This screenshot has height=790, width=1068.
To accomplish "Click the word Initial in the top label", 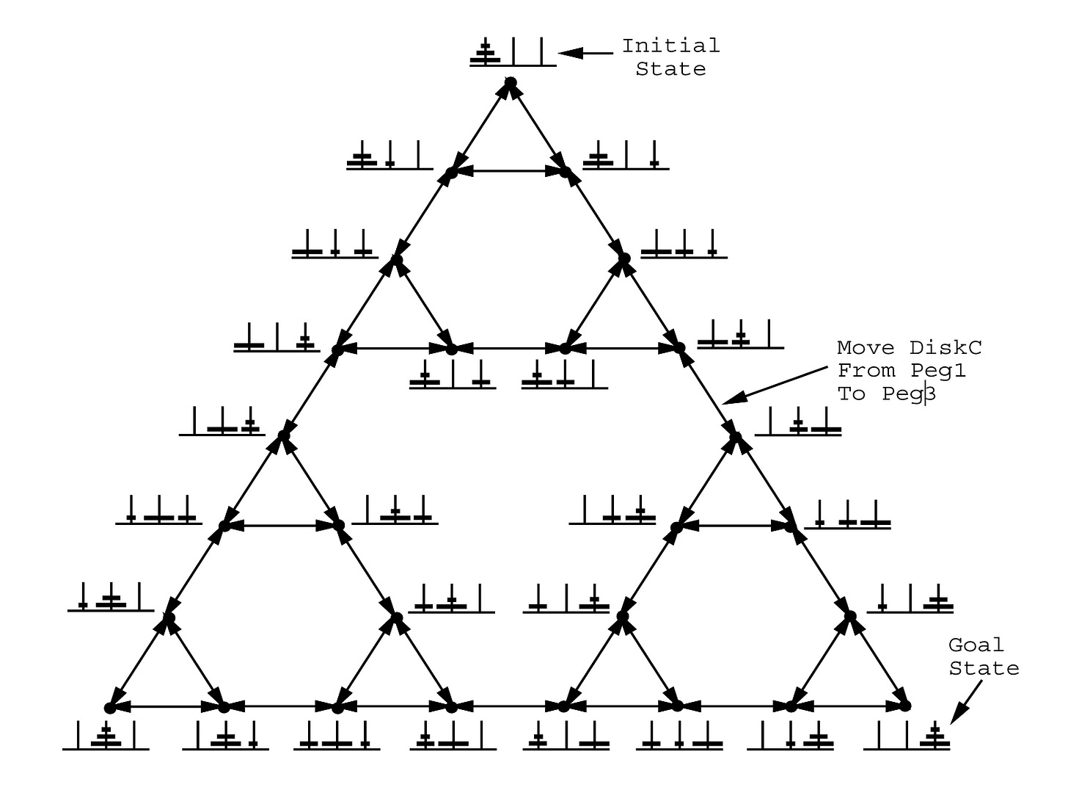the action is [670, 46].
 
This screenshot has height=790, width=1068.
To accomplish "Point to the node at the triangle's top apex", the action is [511, 82].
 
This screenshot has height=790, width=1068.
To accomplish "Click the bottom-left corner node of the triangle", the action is [110, 708].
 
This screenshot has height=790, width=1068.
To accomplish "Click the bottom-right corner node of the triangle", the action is [905, 706].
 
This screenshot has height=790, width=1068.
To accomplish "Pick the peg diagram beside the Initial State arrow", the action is [513, 53].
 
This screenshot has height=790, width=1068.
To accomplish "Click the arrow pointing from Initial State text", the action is [587, 53].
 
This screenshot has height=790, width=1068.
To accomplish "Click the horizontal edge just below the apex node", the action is [508, 172].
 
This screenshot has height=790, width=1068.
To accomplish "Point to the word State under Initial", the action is [670, 69].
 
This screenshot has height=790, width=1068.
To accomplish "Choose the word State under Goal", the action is [984, 668].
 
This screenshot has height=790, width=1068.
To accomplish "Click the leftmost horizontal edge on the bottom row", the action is [167, 706].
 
